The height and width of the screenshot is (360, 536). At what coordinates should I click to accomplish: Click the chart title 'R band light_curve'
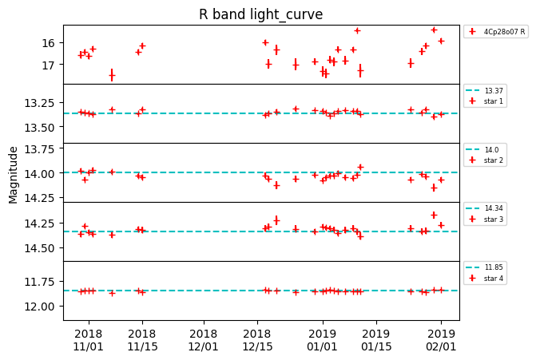[x=260, y=14]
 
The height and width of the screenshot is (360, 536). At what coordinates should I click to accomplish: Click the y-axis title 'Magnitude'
[x=14, y=174]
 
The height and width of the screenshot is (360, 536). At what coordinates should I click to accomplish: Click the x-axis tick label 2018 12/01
[x=204, y=340]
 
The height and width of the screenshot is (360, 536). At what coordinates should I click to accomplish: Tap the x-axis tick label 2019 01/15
[x=376, y=340]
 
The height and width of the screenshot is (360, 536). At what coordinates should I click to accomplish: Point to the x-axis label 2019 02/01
[x=441, y=340]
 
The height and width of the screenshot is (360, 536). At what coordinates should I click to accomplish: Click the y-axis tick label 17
[x=49, y=65]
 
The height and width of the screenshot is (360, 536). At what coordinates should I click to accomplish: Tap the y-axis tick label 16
[x=49, y=43]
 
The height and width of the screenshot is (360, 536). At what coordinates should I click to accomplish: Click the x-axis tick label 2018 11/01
[x=88, y=340]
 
